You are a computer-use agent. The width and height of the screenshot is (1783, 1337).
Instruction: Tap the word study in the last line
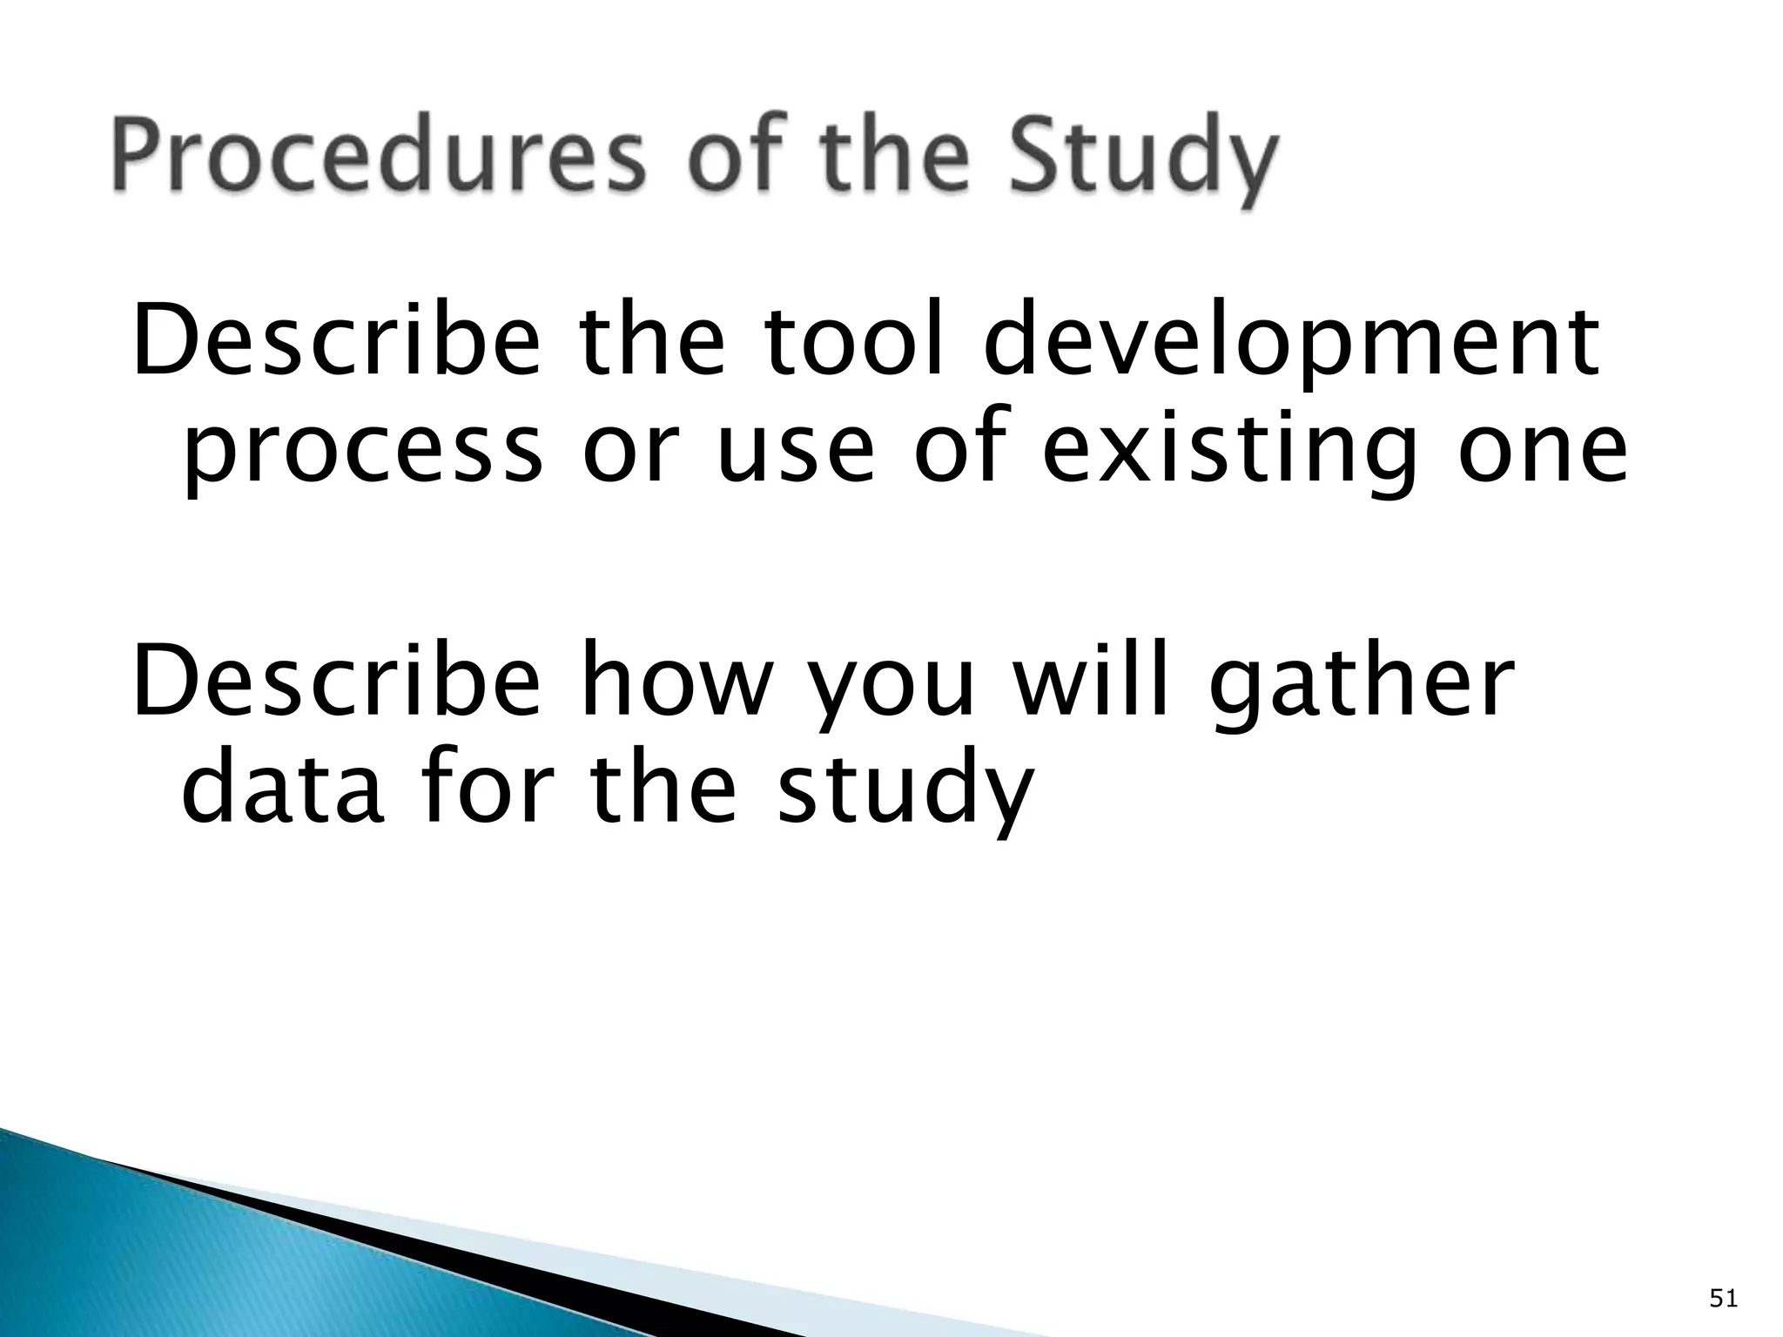[x=905, y=792]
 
